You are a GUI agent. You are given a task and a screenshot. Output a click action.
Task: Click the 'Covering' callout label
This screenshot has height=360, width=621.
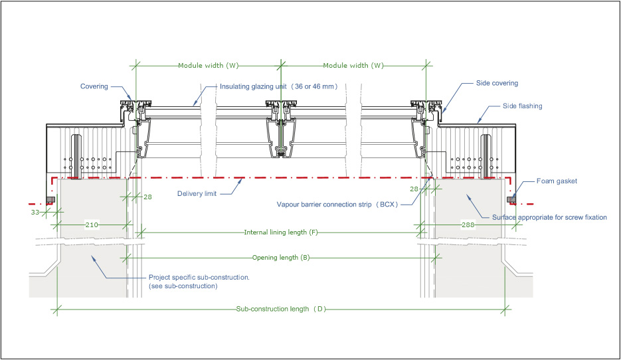[94, 86]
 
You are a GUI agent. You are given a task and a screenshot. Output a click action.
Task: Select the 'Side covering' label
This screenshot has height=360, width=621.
[497, 84]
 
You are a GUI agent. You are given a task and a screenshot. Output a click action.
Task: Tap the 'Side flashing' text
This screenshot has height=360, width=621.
[523, 106]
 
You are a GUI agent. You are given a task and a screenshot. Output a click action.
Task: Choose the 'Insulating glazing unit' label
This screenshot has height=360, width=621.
[279, 86]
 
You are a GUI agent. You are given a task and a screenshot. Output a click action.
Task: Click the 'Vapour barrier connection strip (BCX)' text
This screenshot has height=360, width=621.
[337, 205]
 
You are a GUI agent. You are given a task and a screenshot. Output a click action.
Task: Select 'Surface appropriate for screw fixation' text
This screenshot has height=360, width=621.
[549, 217]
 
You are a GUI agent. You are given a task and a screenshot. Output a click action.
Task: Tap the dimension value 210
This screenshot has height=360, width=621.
[92, 226]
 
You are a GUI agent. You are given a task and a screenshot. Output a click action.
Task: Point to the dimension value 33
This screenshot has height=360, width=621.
[36, 213]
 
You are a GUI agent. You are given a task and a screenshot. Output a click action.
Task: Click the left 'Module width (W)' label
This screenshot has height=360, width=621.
[208, 66]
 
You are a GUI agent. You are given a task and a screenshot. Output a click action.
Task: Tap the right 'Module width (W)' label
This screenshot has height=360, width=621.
[353, 66]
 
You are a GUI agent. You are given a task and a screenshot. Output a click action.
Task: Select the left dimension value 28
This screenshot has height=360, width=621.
[147, 197]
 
